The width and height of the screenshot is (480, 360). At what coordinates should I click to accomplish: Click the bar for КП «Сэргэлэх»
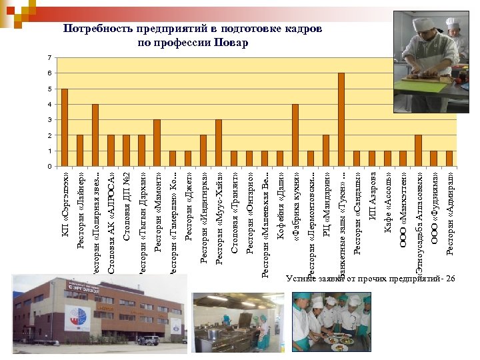[x=65, y=127]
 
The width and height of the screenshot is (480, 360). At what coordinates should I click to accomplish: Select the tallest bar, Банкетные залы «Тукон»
[x=341, y=120]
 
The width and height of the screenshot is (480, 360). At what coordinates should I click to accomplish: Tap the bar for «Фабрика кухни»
[x=295, y=135]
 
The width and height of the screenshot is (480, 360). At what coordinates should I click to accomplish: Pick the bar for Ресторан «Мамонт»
[x=157, y=143]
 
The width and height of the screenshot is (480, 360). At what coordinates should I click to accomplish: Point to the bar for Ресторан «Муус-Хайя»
[x=219, y=143]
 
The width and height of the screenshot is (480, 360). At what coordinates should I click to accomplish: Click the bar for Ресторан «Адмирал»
[x=449, y=159]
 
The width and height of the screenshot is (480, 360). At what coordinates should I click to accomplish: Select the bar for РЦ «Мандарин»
[x=326, y=151]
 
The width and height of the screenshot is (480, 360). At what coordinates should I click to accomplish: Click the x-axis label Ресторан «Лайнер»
[x=80, y=210]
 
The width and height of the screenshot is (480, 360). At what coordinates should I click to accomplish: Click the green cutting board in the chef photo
[x=421, y=86]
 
